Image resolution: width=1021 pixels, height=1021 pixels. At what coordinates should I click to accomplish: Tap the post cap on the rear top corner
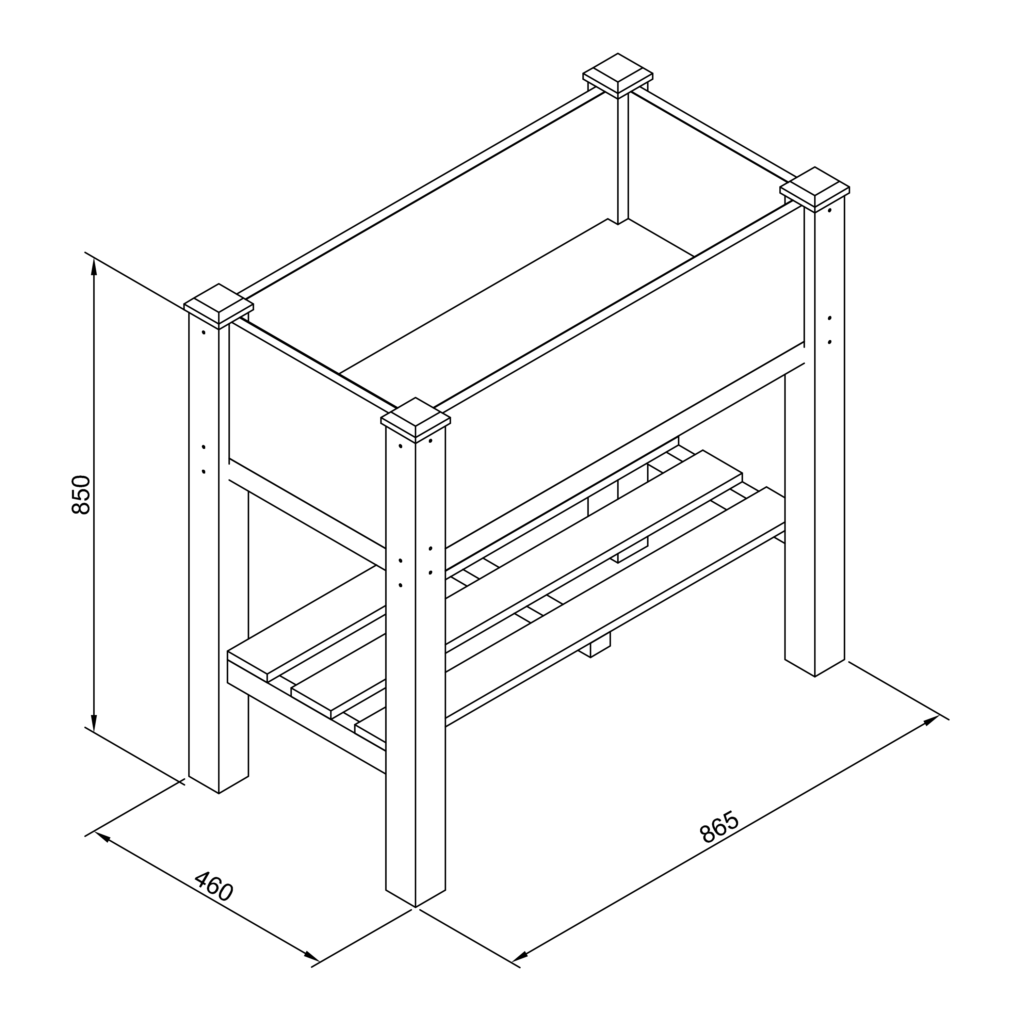(x=618, y=76)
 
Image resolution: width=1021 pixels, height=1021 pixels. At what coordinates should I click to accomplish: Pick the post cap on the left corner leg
(x=219, y=306)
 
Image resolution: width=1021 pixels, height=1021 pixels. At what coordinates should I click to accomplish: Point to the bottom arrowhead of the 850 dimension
(x=94, y=723)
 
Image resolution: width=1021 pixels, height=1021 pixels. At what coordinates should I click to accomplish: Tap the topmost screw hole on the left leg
(x=204, y=333)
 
